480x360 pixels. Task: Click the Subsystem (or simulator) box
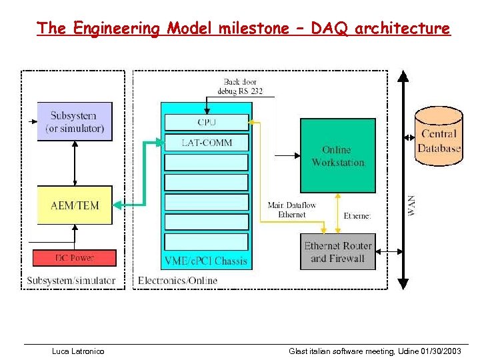click(75, 121)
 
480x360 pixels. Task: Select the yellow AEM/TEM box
click(75, 205)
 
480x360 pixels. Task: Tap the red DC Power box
click(75, 257)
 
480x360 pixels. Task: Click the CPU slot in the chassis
click(206, 122)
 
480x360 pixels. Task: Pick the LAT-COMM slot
click(206, 142)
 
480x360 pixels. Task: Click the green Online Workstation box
click(338, 156)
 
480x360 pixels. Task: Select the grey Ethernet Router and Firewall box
click(338, 252)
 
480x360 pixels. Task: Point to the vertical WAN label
click(411, 205)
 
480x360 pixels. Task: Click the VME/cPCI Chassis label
click(206, 261)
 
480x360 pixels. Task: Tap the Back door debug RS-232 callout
click(244, 86)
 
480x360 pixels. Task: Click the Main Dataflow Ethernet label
click(291, 210)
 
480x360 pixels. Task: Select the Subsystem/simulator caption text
click(71, 281)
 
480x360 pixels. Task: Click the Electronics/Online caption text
click(177, 281)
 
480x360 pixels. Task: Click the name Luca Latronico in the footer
click(78, 351)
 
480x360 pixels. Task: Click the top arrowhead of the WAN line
click(402, 75)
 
